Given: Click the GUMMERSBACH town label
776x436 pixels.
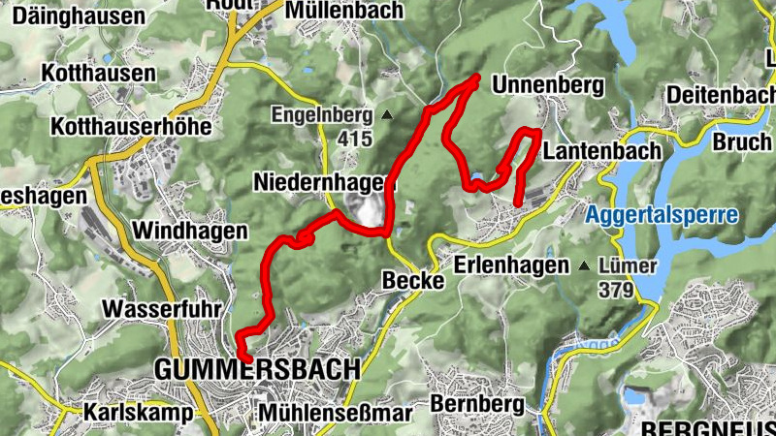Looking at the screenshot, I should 257,369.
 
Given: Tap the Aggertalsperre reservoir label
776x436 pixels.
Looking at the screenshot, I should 663,214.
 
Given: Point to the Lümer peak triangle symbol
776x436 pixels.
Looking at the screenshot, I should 584,265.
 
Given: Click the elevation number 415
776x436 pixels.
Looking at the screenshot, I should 355,139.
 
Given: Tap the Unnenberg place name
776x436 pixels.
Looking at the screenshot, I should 548,86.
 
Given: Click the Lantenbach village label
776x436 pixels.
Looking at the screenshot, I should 602,152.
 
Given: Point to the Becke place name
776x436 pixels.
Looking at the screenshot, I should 413,281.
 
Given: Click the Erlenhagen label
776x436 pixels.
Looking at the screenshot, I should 511,265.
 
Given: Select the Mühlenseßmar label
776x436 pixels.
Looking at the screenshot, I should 335,413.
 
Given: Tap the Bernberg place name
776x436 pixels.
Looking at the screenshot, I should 469,402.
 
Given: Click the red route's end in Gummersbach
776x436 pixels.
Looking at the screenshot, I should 248,359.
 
